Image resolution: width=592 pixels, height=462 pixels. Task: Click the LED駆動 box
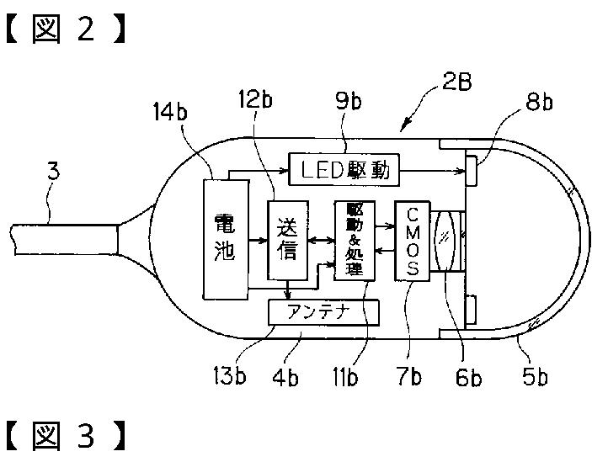[x=344, y=170]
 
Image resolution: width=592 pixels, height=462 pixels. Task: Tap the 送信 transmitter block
[x=288, y=240]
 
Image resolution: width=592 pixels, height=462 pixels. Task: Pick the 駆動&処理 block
[x=352, y=240]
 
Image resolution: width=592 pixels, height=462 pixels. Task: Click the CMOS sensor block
[x=411, y=240]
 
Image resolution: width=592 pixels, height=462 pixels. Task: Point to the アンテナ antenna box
[x=323, y=311]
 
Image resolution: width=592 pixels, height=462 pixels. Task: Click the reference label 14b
[x=170, y=112]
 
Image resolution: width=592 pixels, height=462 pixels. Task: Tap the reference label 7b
[x=409, y=376]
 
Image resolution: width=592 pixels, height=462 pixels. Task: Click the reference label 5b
[x=532, y=376]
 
